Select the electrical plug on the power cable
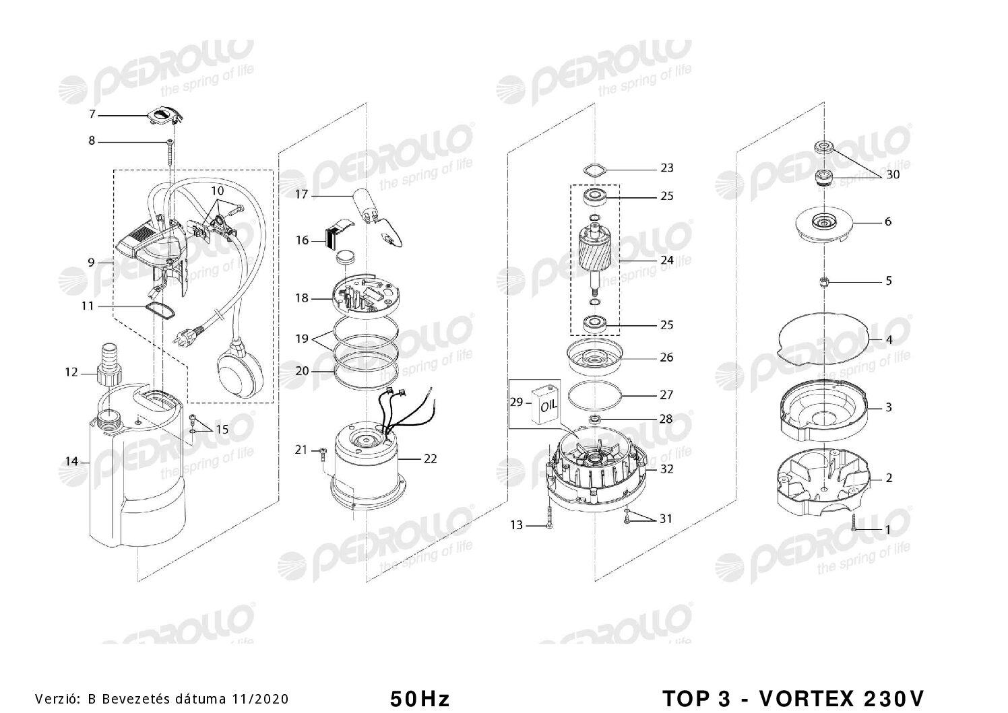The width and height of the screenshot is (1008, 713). pyautogui.click(x=189, y=336)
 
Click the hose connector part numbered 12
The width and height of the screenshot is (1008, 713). pyautogui.click(x=108, y=364)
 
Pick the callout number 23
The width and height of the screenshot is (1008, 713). pyautogui.click(x=667, y=168)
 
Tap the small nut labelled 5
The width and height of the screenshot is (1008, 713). pyautogui.click(x=823, y=281)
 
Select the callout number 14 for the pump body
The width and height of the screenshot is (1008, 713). pyautogui.click(x=71, y=461)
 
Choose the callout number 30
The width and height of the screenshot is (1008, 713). pyautogui.click(x=892, y=174)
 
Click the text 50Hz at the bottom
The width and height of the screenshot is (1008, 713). pyautogui.click(x=420, y=699)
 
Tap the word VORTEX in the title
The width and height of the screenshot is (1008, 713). pyautogui.click(x=807, y=698)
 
